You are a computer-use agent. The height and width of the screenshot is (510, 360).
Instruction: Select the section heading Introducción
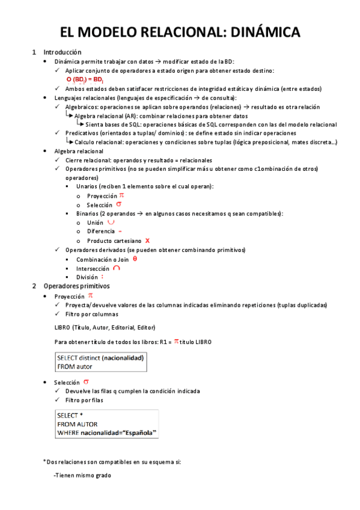(x=63, y=52)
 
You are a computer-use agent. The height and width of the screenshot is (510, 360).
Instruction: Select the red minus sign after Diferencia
(x=120, y=231)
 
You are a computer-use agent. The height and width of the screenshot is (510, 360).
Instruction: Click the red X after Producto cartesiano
(x=147, y=240)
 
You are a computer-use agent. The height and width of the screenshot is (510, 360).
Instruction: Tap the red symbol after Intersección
(x=116, y=268)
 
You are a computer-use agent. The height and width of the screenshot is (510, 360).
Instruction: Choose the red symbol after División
(x=102, y=277)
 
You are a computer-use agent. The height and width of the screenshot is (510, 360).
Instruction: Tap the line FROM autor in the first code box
(x=75, y=366)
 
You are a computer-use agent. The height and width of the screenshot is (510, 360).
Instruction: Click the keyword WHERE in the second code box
(x=68, y=432)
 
